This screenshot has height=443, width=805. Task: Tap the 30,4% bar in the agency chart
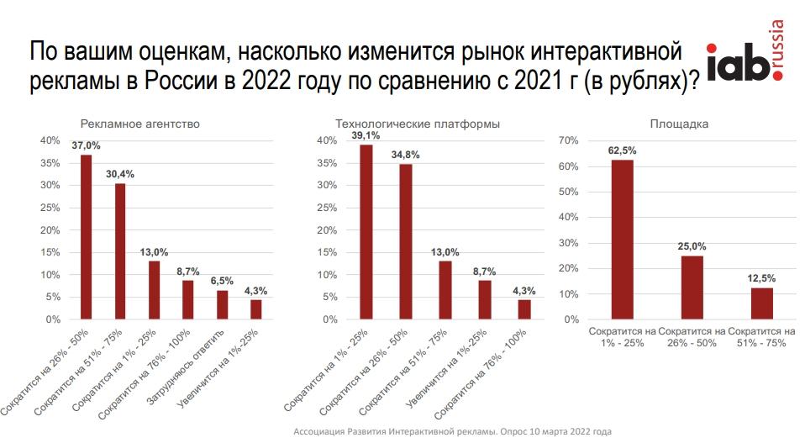click(x=120, y=251)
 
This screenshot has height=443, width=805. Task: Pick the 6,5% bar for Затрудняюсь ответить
click(x=222, y=304)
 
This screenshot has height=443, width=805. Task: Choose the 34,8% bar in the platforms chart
click(x=405, y=241)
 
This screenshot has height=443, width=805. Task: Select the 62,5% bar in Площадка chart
click(x=622, y=240)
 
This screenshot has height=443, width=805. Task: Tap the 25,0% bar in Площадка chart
click(x=692, y=287)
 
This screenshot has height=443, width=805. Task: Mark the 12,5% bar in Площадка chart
click(x=761, y=303)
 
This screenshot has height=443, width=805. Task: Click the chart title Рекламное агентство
click(x=139, y=124)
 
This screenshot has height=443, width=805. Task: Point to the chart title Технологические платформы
click(x=418, y=124)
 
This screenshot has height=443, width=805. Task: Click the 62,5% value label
click(x=622, y=150)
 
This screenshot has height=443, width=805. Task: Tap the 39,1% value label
click(x=366, y=135)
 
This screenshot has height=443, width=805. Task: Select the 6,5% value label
click(x=222, y=282)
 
